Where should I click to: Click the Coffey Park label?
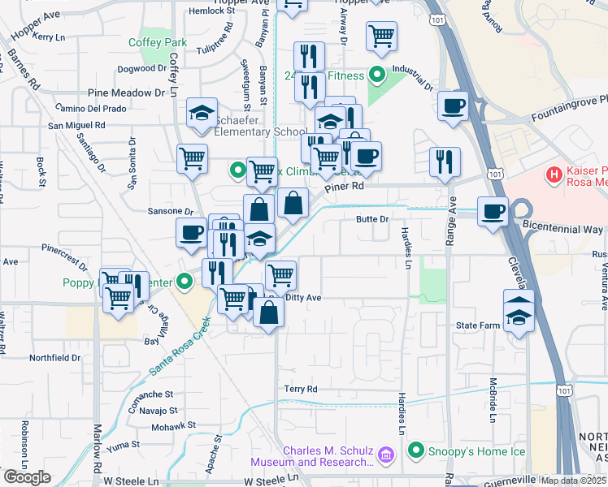[158, 42]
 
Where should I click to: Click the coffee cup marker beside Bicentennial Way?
[493, 213]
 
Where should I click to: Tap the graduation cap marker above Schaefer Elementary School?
[201, 114]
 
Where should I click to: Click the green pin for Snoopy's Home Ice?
[417, 450]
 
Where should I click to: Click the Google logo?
[27, 477]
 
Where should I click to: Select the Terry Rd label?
[300, 390]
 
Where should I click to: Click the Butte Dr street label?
[373, 219]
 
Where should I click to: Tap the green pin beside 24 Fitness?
[376, 75]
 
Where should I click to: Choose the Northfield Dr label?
[55, 357]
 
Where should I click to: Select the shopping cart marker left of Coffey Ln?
[192, 158]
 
